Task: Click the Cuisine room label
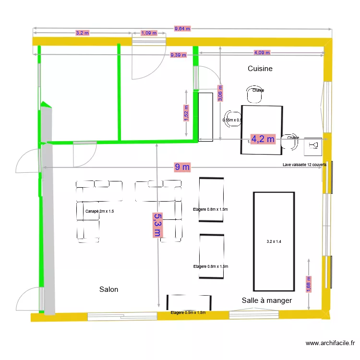tap(260, 69)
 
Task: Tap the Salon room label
tap(108, 289)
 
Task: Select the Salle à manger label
tap(267, 300)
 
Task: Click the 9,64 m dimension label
tap(182, 28)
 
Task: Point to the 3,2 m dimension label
tap(82, 33)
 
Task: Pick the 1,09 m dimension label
tap(149, 33)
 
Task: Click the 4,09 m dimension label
tap(262, 53)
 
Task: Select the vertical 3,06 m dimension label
tap(220, 94)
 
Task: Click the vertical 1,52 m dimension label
tap(186, 114)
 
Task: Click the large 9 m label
tap(182, 167)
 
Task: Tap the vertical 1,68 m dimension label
tap(309, 284)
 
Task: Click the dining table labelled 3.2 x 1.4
tap(274, 241)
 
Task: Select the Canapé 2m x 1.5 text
tap(99, 211)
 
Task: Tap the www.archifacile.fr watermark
tap(330, 343)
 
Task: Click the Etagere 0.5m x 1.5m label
tap(188, 312)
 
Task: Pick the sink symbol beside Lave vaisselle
tap(313, 145)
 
